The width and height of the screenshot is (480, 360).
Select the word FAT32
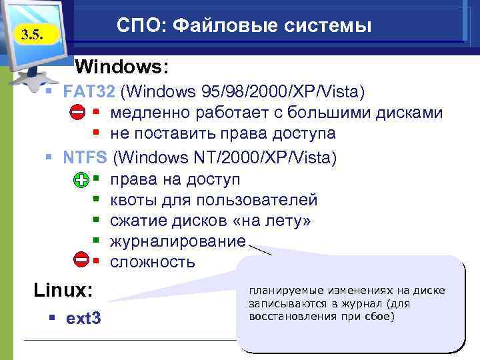coord(89,90)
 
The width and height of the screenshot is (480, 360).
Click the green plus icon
coord(81,180)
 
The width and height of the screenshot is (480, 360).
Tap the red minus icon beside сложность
coord(81,260)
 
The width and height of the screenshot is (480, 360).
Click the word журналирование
coord(178,241)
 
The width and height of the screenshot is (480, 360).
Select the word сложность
coord(153,261)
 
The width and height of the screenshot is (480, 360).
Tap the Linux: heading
coord(63,291)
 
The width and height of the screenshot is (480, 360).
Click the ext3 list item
coord(84,319)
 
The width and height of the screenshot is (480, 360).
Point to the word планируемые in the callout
coord(281,291)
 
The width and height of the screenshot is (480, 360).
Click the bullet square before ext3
coord(51,319)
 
